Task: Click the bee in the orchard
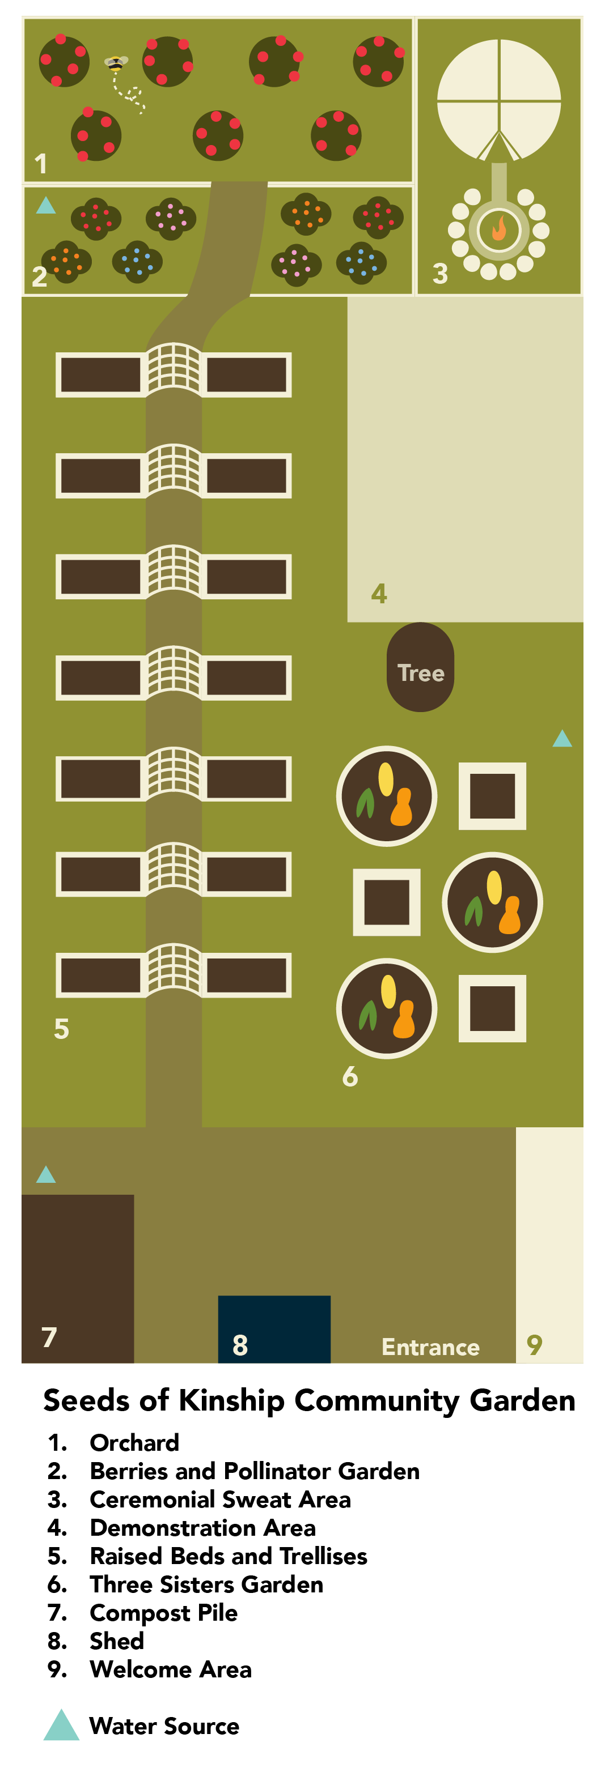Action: [116, 64]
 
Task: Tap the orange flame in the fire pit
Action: [499, 229]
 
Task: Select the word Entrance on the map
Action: [430, 1347]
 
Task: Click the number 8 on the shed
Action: [240, 1345]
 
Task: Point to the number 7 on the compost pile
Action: [49, 1337]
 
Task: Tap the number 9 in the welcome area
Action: [534, 1344]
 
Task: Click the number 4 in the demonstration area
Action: [379, 593]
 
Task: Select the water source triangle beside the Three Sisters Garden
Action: [562, 739]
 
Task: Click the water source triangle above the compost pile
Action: [46, 1174]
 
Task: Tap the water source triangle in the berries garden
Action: [46, 206]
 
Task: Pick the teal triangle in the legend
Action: [61, 1726]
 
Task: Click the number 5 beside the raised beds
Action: [61, 1028]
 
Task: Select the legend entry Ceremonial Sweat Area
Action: [220, 1499]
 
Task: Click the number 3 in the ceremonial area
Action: [440, 274]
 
